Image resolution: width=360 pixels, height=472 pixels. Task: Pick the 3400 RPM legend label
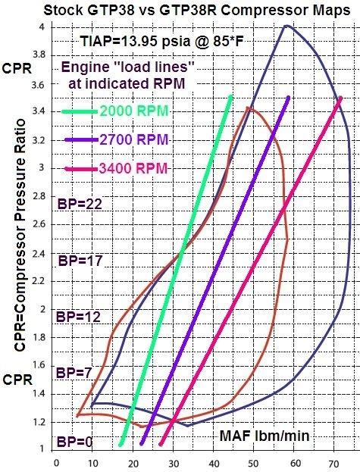point(133,168)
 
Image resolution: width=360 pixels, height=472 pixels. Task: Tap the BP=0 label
point(71,441)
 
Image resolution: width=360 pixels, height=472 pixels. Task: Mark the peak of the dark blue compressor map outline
point(286,26)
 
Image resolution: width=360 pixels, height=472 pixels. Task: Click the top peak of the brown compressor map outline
point(247,108)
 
